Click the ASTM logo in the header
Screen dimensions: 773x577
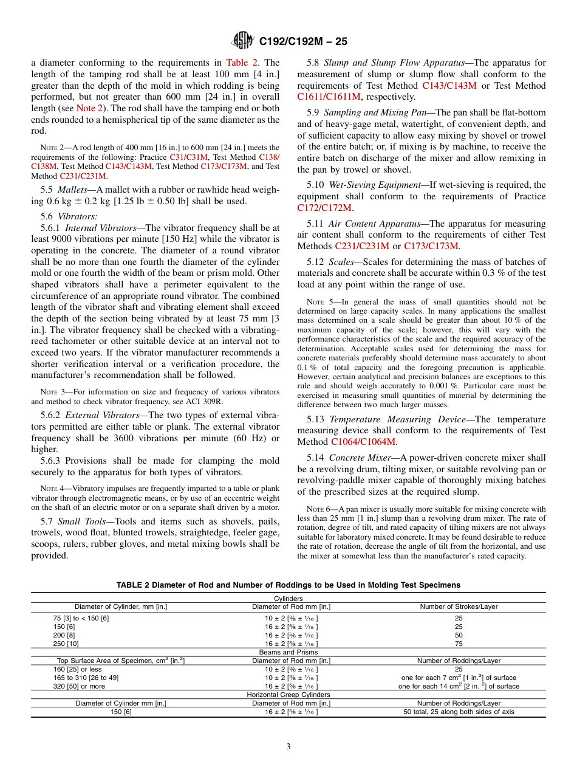244,41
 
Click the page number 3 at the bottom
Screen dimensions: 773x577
288,746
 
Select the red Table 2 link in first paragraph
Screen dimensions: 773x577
242,63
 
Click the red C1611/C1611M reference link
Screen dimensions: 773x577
329,97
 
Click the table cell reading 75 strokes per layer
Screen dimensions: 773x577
459,643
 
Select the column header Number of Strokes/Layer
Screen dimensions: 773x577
459,606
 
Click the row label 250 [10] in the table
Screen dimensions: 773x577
66,643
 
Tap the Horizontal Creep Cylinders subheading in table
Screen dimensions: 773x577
288,695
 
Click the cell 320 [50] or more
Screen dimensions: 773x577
79,686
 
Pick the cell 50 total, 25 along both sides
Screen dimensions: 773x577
459,712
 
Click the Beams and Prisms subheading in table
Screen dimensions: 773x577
288,652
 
